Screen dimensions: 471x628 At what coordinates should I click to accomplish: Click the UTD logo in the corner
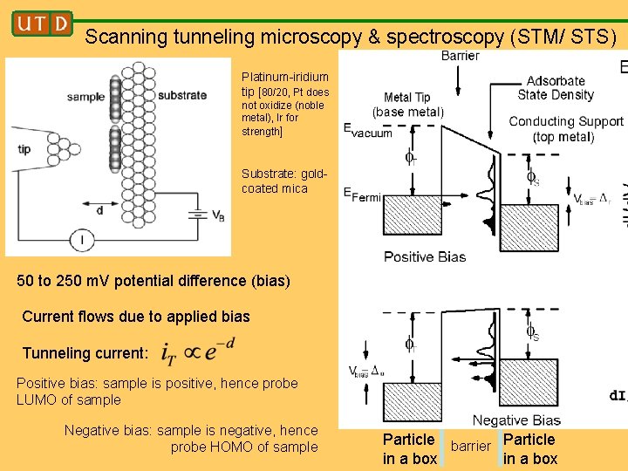(41, 24)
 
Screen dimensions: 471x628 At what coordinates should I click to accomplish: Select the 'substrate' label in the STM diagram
(182, 95)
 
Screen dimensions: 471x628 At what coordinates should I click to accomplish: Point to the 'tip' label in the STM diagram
(24, 149)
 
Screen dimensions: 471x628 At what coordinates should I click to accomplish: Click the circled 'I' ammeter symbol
(81, 240)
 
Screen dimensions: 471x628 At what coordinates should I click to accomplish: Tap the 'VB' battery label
(218, 215)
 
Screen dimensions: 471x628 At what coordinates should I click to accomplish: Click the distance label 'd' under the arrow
(99, 210)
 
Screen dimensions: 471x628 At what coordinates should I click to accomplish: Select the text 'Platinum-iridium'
(285, 78)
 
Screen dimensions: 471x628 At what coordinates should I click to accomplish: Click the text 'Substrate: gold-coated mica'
(283, 181)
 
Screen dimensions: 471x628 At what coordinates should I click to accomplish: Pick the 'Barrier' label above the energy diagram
(460, 56)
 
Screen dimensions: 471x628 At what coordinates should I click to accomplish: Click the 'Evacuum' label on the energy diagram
(367, 132)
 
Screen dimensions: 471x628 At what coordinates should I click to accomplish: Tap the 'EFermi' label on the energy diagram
(362, 195)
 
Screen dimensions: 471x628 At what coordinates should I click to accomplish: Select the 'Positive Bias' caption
(425, 256)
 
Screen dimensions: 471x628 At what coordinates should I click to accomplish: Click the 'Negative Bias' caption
(516, 420)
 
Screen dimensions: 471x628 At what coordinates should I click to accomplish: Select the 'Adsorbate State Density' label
(556, 88)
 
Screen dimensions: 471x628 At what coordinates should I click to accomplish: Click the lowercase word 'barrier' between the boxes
(471, 447)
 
